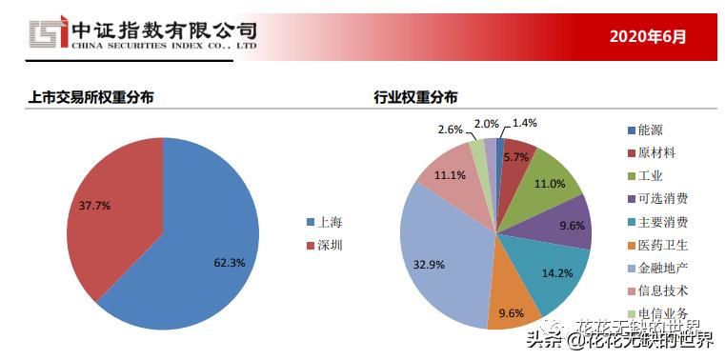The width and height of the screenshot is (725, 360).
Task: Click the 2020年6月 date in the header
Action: point(647,36)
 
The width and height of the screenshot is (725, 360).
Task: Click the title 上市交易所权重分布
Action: point(91,97)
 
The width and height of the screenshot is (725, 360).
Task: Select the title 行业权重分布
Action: point(415,97)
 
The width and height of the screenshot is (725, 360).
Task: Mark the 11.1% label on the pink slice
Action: point(450,175)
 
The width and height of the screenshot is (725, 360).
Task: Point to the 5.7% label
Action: point(516,157)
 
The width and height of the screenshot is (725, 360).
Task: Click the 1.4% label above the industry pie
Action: point(525,123)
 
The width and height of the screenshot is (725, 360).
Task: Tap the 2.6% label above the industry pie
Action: point(451,129)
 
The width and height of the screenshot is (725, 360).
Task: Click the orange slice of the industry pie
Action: point(514,304)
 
